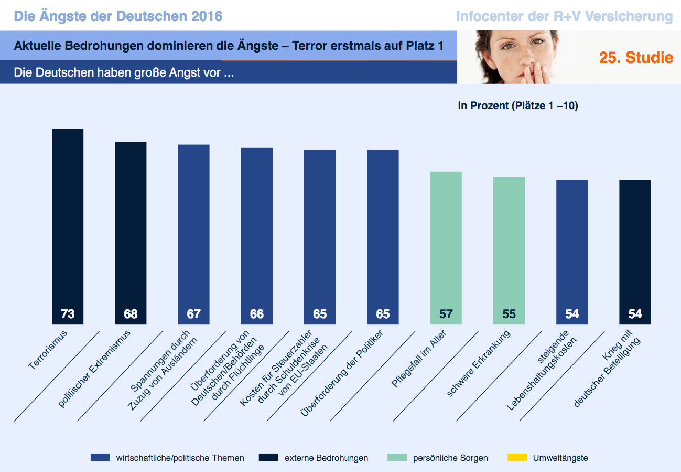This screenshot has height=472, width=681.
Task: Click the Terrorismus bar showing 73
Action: click(68, 221)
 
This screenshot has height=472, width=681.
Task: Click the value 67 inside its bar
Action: click(193, 314)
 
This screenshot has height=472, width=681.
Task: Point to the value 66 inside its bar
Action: click(257, 314)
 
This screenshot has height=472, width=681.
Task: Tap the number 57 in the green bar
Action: click(446, 314)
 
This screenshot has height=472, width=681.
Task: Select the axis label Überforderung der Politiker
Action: click(342, 373)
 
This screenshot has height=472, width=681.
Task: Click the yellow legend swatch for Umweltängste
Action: click(517, 458)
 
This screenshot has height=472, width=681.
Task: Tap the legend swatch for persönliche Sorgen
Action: click(397, 458)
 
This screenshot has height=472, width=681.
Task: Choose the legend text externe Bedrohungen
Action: click(326, 458)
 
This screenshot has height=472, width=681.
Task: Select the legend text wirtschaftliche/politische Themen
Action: click(180, 458)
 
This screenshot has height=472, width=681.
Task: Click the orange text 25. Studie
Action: click(636, 58)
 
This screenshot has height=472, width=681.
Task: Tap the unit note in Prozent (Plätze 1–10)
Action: click(517, 106)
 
